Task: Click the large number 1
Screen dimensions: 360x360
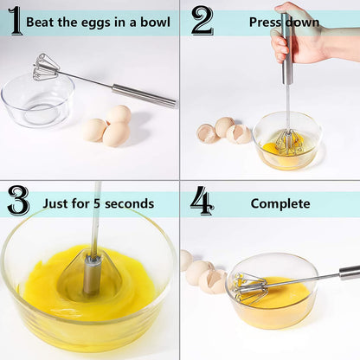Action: point(15,21)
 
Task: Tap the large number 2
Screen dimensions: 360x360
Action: point(202,21)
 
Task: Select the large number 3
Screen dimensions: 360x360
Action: point(17,201)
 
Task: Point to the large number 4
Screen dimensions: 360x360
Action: point(202,201)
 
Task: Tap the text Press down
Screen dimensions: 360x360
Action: point(284,22)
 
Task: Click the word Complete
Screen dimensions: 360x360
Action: point(280,204)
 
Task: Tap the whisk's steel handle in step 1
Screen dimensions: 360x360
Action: point(143,94)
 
